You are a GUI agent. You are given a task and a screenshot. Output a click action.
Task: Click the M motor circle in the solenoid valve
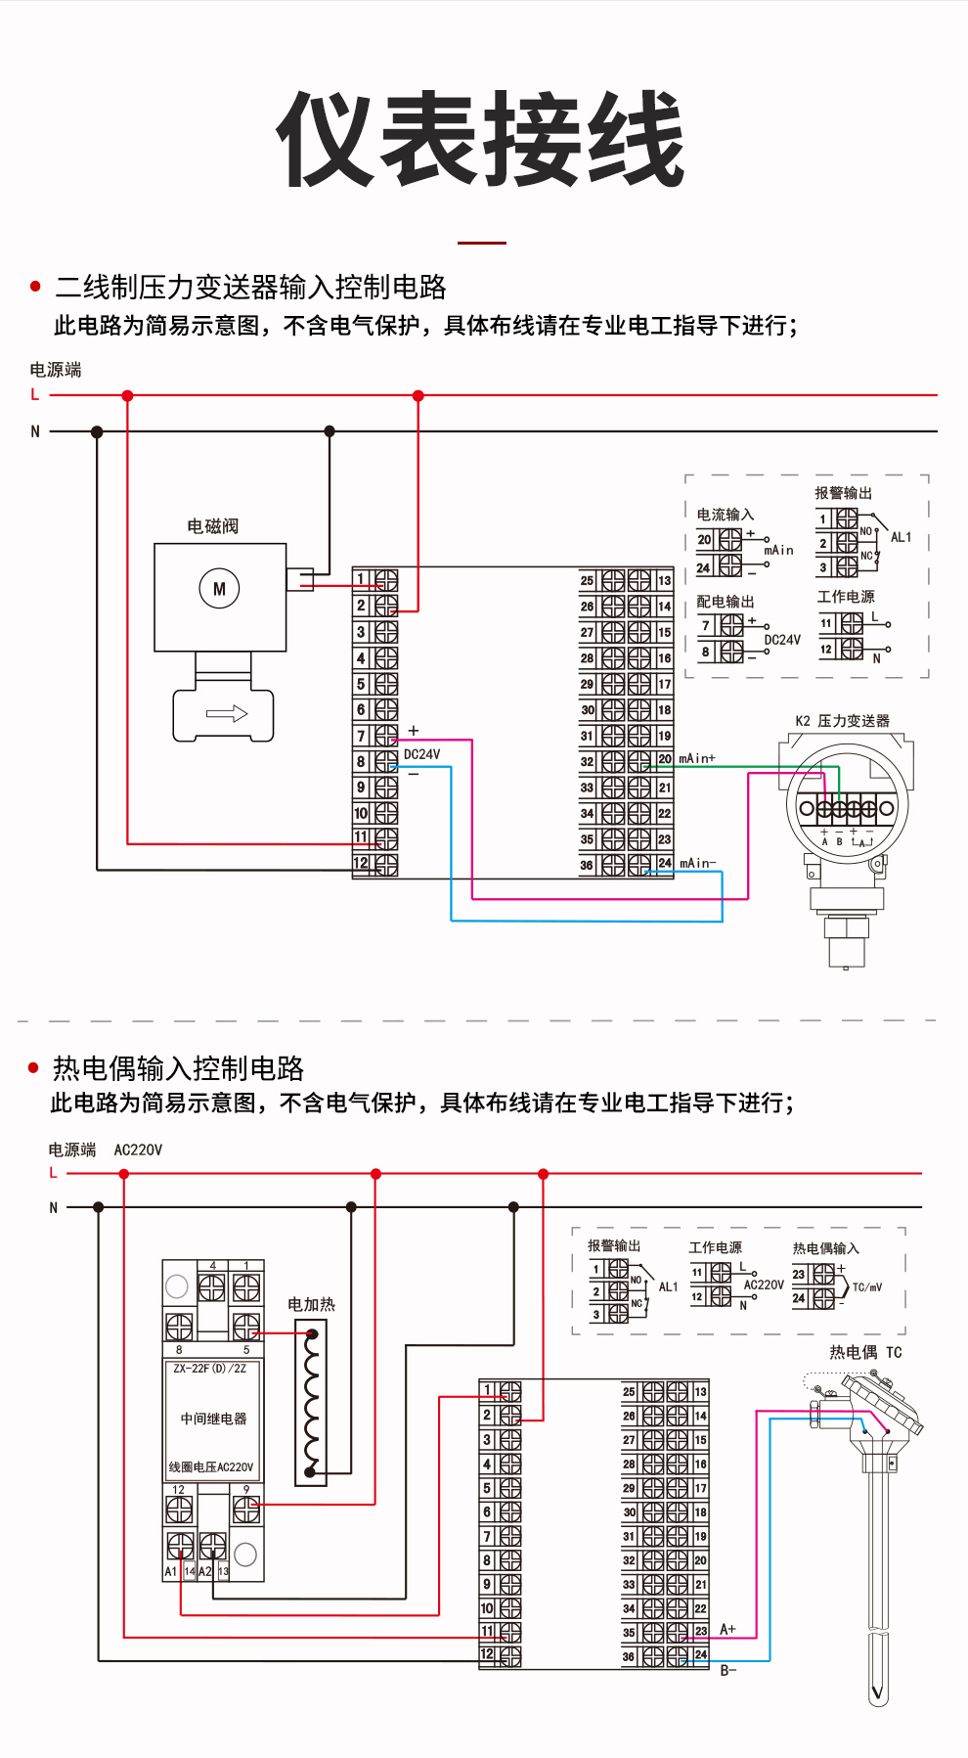[x=219, y=589]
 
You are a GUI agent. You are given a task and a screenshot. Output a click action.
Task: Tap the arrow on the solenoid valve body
[x=227, y=714]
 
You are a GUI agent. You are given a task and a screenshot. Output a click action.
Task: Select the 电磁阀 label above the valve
[x=213, y=526]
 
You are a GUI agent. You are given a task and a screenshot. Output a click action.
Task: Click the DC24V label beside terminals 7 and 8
[x=422, y=754]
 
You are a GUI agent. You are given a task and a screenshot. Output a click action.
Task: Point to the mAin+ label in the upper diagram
[x=697, y=758]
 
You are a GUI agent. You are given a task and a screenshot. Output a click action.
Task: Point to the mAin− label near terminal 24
[x=698, y=863]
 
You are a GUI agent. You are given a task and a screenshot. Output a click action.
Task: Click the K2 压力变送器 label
[x=842, y=721]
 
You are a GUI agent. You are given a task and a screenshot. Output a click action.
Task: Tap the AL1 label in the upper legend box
[x=901, y=537]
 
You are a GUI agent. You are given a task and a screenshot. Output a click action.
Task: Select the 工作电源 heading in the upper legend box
[x=846, y=597]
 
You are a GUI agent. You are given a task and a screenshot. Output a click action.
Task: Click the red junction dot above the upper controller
[x=418, y=396]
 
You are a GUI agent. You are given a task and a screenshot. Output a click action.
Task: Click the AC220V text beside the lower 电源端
[x=138, y=1149]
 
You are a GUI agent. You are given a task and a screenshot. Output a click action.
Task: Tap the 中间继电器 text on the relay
[x=213, y=1419]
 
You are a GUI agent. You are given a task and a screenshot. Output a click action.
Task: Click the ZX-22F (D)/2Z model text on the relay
[x=210, y=1369]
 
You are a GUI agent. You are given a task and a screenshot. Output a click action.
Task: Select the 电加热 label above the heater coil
[x=311, y=1304]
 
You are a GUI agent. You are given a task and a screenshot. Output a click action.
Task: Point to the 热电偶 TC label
[x=865, y=1352]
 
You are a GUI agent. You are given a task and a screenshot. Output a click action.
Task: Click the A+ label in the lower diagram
[x=727, y=1629]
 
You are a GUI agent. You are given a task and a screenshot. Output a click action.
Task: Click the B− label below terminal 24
[x=728, y=1670]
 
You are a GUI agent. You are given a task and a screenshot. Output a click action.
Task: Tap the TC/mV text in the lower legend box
[x=867, y=1286]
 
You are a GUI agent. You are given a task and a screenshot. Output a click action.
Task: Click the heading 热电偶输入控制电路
[x=178, y=1068]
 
